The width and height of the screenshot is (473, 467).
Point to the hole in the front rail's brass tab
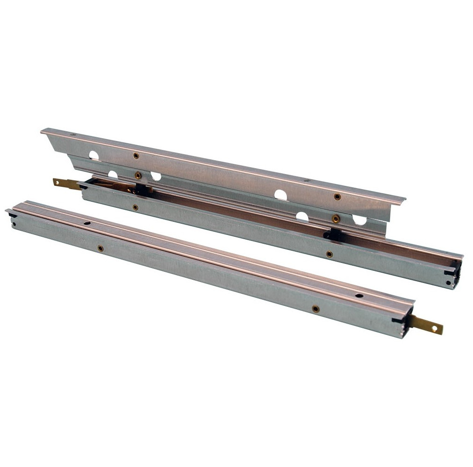pyautogui.click(x=435, y=328)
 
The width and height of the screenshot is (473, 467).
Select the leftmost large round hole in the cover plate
pyautogui.click(x=94, y=156)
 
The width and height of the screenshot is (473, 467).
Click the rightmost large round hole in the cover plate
pyautogui.click(x=359, y=219)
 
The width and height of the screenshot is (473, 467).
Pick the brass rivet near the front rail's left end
pyautogui.click(x=100, y=248)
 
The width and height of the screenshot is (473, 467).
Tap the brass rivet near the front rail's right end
pyautogui.click(x=316, y=309)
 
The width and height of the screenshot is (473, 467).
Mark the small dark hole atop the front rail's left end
pyautogui.click(x=87, y=223)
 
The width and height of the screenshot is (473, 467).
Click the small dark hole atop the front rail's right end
pyautogui.click(x=359, y=296)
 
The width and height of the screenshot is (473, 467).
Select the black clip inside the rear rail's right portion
pyautogui.click(x=333, y=234)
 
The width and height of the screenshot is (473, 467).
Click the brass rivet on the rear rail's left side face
pyautogui.click(x=135, y=207)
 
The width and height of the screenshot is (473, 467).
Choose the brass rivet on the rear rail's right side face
pyautogui.click(x=330, y=254)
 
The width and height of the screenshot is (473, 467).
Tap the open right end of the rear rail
pyautogui.click(x=453, y=273)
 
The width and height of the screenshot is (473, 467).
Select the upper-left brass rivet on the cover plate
pyautogui.click(x=136, y=156)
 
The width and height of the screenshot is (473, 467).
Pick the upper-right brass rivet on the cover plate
pyautogui.click(x=337, y=197)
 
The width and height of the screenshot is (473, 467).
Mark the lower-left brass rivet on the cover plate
pyautogui.click(x=138, y=175)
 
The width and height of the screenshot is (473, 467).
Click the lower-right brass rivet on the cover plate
pyautogui.click(x=335, y=218)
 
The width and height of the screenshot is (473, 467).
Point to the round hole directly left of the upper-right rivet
pyautogui.click(x=280, y=195)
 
